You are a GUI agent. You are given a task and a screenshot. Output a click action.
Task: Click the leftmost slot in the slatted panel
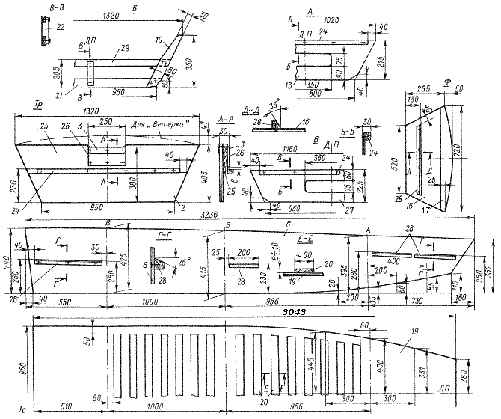click(117, 366)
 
